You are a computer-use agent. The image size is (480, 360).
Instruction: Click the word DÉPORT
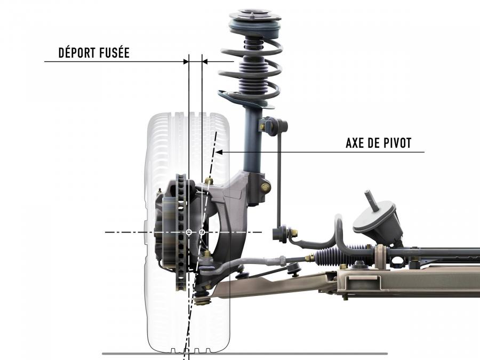76,52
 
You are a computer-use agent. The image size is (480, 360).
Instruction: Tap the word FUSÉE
114,52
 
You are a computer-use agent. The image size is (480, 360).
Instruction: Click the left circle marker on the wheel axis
189,233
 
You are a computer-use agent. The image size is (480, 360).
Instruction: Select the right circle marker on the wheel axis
202,233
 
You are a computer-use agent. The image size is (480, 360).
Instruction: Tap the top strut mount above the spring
255,23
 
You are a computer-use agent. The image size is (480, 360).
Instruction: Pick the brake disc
181,233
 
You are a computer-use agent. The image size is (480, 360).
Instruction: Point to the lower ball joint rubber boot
202,299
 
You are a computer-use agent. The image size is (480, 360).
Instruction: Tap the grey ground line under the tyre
245,354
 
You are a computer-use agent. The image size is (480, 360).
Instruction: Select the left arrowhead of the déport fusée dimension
186,61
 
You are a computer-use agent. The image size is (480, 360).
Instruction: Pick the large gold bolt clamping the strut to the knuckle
265,187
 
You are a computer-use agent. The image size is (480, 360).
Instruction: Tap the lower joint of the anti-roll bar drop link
284,233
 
